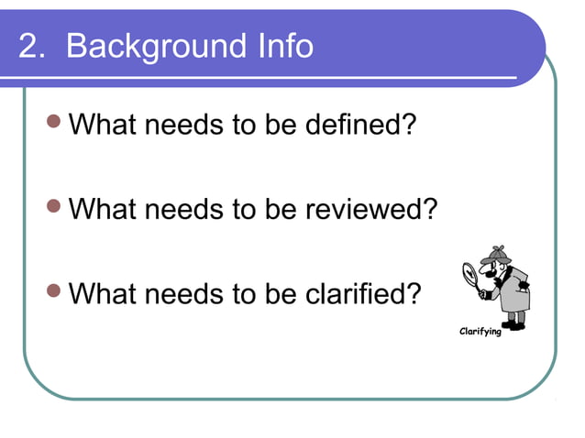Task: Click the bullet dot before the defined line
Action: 55,121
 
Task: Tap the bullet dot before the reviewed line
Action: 55,206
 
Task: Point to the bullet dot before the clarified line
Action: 55,290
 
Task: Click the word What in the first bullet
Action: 102,124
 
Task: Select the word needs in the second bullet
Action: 180,209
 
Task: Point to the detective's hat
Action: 495,253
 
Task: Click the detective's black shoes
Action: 514,323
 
